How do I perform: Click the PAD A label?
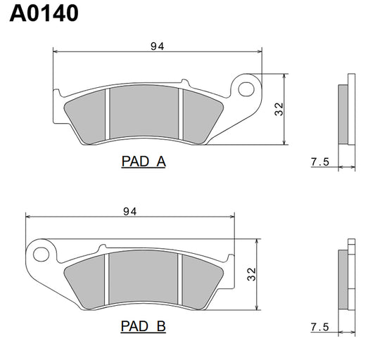click(x=144, y=162)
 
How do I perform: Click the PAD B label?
click(x=144, y=327)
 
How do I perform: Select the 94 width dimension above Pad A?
click(x=157, y=46)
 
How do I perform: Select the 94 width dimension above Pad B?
click(x=129, y=211)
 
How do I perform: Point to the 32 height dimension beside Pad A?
click(x=279, y=108)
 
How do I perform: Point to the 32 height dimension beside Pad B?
click(x=251, y=274)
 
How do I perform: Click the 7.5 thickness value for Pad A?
click(x=320, y=162)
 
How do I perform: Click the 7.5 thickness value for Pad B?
click(x=320, y=328)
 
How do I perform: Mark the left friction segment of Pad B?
click(x=88, y=280)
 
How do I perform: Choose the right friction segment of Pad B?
click(x=202, y=280)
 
